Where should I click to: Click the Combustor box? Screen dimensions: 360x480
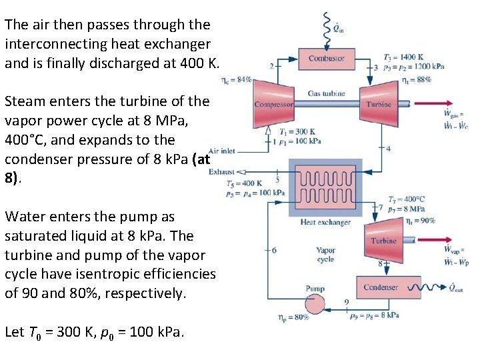pos(326,59)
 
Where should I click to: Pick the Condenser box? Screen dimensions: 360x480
pos(381,287)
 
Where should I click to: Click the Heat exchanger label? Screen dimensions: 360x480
pos(325,222)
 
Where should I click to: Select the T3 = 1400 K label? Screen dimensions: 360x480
pos(403,57)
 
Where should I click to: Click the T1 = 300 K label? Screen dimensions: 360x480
pos(298,132)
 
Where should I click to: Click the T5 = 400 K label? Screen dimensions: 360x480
pos(243,183)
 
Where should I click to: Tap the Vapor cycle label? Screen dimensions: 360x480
pos(325,255)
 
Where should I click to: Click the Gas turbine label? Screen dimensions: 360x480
pos(326,94)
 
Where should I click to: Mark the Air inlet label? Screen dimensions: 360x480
pos(221,151)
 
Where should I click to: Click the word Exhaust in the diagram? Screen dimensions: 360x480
pos(222,172)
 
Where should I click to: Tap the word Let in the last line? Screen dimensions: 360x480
pos(13,331)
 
